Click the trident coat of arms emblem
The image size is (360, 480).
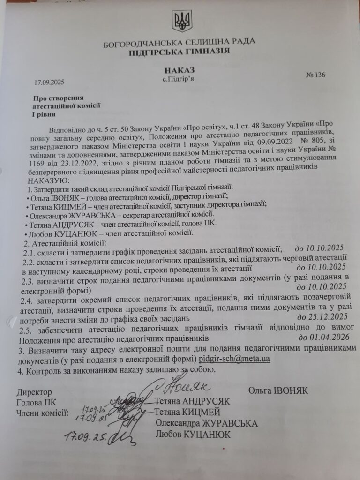point(180,21)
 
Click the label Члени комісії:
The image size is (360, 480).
point(43,412)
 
